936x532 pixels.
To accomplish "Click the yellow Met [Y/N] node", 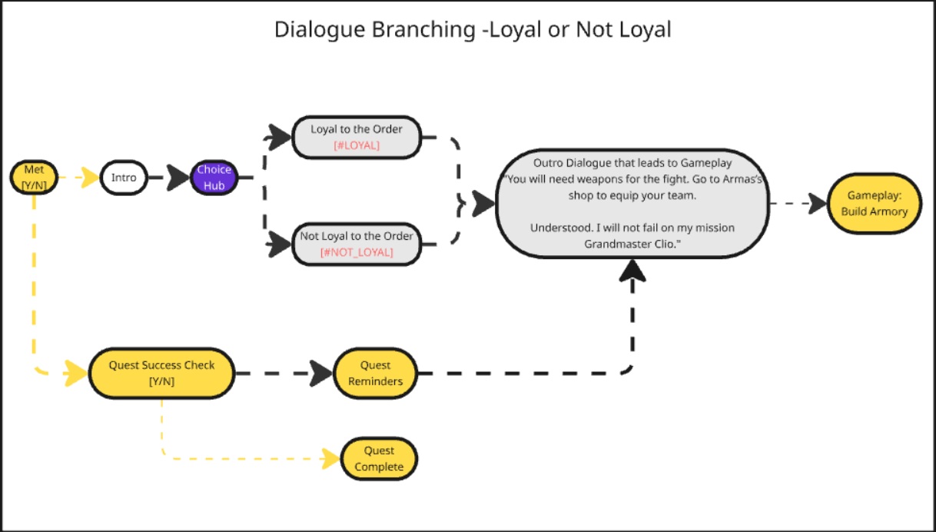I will click(x=34, y=177).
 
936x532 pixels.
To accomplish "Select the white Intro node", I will click(x=123, y=178).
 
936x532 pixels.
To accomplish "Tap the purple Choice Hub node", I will click(x=214, y=178).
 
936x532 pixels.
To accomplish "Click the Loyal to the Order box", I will click(x=356, y=137).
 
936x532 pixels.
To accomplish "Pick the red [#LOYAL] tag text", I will click(x=356, y=145).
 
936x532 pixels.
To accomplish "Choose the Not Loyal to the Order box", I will click(x=356, y=244).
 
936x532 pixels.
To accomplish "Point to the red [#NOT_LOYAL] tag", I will click(x=356, y=252).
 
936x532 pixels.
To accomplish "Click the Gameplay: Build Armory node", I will click(x=874, y=204).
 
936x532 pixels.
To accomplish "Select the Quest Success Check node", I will click(x=161, y=374).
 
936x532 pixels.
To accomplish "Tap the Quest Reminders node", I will click(x=375, y=373).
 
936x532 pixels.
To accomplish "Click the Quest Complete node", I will click(x=380, y=459).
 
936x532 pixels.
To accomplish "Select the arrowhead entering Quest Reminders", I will click(x=323, y=374).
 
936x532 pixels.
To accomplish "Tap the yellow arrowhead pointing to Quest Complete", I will click(x=331, y=459).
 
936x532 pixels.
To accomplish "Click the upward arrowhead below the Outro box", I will click(x=632, y=270).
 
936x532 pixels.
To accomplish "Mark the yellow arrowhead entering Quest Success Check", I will click(x=77, y=374).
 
